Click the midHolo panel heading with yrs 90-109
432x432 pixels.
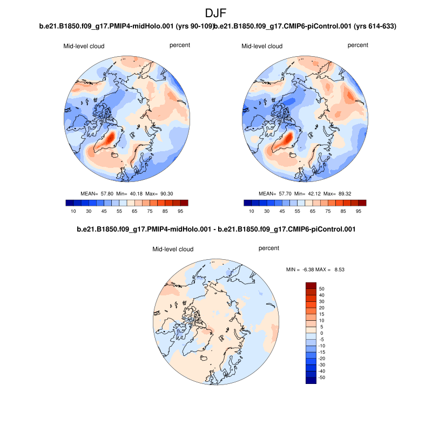(127, 26)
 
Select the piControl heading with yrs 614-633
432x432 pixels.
(306, 26)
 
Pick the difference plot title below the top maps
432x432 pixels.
(216, 230)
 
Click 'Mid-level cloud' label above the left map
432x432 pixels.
(84, 46)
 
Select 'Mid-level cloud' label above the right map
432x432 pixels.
(262, 46)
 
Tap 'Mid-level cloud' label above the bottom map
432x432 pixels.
(173, 249)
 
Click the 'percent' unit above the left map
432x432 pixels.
(179, 45)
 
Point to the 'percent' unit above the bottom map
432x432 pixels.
(269, 248)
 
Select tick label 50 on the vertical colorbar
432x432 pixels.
(322, 289)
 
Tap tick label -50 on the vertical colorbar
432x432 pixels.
(321, 377)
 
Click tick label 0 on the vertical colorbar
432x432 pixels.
(321, 333)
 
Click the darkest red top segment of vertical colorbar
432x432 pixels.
(311, 285)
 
